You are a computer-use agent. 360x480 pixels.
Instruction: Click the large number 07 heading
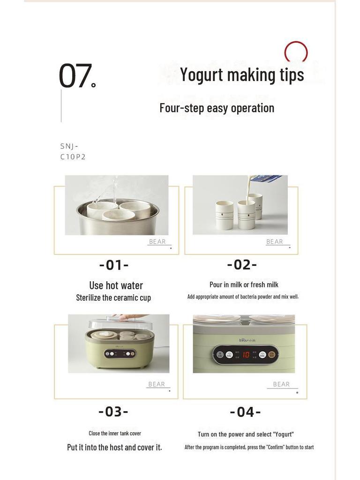click(75, 76)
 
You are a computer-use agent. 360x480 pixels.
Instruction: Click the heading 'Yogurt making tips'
click(242, 75)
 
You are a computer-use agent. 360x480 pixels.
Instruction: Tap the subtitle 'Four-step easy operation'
click(217, 108)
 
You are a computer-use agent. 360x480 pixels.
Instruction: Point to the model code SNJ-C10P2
click(73, 151)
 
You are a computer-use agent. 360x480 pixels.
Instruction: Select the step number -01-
click(114, 265)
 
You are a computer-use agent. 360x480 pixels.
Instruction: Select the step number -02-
click(242, 265)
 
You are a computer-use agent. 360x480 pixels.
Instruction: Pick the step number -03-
click(113, 412)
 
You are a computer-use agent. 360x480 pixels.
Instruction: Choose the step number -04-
click(245, 412)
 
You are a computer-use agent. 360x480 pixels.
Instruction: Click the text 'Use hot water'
click(116, 285)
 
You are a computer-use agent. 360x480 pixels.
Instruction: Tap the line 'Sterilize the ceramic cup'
click(113, 298)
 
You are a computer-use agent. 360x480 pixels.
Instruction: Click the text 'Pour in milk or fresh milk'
click(244, 285)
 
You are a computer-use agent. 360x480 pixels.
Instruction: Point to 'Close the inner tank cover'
click(115, 433)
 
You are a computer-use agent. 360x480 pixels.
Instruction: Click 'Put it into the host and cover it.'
click(114, 447)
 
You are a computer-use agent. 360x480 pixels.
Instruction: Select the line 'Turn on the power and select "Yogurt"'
click(246, 435)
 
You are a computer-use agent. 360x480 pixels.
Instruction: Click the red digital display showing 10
click(246, 355)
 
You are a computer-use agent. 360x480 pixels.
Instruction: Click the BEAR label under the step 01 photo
click(157, 242)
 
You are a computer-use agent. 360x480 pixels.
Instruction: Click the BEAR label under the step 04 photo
click(281, 384)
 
